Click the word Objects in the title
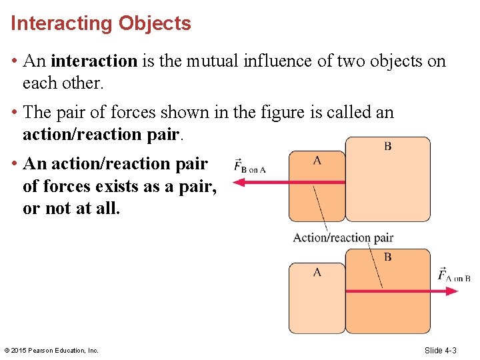pos(155,24)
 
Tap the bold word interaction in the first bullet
pos(93,61)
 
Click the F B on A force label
pos(250,167)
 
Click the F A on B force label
pos(454,275)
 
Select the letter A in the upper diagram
pos(317,159)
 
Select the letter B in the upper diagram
pos(387,146)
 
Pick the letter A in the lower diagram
pos(317,272)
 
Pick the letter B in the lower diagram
pos(387,257)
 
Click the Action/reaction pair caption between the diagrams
pos(343,237)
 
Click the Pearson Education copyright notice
pos(51,350)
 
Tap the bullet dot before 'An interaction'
pos(14,62)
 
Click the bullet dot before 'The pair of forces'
pos(14,113)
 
